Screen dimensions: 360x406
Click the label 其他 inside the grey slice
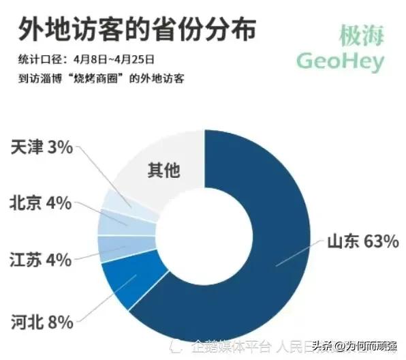point(163,170)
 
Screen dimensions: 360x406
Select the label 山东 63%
point(362,242)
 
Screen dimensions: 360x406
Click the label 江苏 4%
point(41,259)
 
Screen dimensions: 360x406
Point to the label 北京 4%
point(41,202)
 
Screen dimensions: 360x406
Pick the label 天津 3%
point(42,147)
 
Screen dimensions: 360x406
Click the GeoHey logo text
point(340,61)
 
